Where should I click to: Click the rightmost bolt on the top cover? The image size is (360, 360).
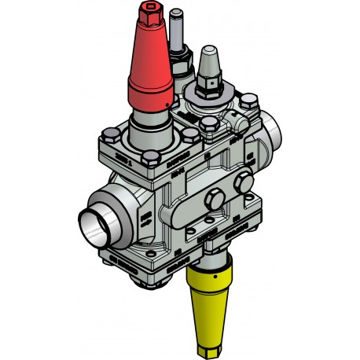pos(252,101)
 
